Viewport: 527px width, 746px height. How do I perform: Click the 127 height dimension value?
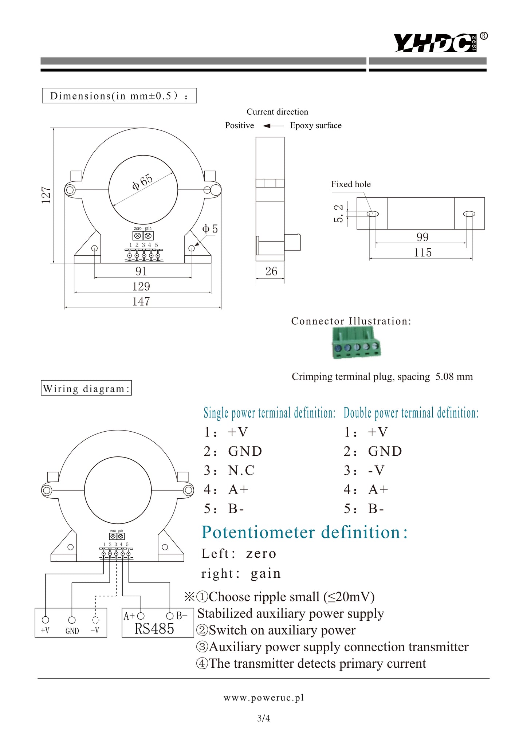click(x=46, y=195)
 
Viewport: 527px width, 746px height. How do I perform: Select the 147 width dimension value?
click(x=141, y=302)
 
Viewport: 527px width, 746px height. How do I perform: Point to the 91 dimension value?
click(x=141, y=271)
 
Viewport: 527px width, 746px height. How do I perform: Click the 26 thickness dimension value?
click(x=271, y=271)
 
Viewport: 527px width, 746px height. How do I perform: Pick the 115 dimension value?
click(x=422, y=252)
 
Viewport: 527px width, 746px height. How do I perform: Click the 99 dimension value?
click(x=422, y=237)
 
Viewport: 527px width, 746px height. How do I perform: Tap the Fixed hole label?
click(x=351, y=184)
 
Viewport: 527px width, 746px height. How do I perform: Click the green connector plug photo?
click(x=356, y=343)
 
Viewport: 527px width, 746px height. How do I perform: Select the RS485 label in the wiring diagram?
click(x=154, y=629)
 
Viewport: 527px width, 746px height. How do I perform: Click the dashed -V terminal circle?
click(x=95, y=620)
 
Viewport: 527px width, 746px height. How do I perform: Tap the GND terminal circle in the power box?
click(x=72, y=620)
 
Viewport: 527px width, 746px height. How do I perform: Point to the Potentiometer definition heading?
click(x=305, y=532)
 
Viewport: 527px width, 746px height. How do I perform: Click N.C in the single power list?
click(x=241, y=470)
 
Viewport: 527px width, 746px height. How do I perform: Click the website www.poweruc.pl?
click(x=263, y=698)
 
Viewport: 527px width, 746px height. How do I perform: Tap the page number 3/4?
click(x=263, y=718)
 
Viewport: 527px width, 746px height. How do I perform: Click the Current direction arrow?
click(x=273, y=126)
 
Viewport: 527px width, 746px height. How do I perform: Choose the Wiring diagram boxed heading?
click(x=86, y=388)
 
